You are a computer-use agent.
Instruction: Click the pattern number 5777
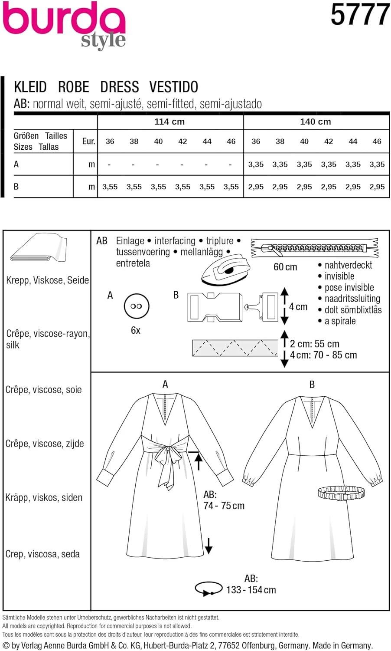click(359, 15)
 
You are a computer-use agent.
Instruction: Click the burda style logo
click(64, 24)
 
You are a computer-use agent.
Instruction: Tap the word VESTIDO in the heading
click(173, 87)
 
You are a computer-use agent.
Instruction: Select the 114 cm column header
click(169, 122)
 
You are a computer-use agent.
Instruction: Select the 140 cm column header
click(315, 122)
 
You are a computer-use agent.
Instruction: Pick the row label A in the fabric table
click(16, 164)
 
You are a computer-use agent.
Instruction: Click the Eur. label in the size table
click(88, 141)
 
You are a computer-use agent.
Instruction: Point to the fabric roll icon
click(38, 248)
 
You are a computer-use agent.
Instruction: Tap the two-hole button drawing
click(136, 306)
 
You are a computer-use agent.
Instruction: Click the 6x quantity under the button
click(136, 330)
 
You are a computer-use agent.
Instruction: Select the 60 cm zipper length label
click(285, 267)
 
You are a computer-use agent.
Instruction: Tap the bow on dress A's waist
click(167, 460)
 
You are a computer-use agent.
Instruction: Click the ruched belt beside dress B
click(341, 493)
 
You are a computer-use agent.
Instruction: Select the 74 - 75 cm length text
click(224, 506)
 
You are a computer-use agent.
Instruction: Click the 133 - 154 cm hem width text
click(251, 590)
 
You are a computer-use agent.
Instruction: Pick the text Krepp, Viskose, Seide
click(47, 280)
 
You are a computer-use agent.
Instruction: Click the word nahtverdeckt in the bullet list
click(348, 265)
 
